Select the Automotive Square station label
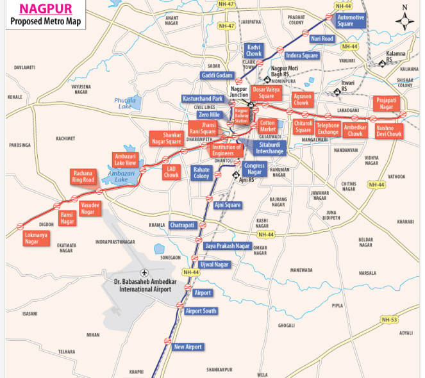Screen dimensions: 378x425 (x=351, y=20)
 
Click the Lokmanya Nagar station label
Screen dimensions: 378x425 (x=36, y=238)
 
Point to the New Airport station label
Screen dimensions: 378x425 (x=188, y=347)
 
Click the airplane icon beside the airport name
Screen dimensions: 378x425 (x=142, y=272)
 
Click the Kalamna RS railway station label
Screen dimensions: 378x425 (x=397, y=56)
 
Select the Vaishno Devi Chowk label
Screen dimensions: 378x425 (x=389, y=131)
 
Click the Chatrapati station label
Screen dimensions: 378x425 (x=182, y=226)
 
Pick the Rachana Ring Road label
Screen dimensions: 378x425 (x=83, y=176)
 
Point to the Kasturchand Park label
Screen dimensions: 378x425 (x=203, y=99)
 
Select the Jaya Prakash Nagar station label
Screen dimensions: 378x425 (x=227, y=246)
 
